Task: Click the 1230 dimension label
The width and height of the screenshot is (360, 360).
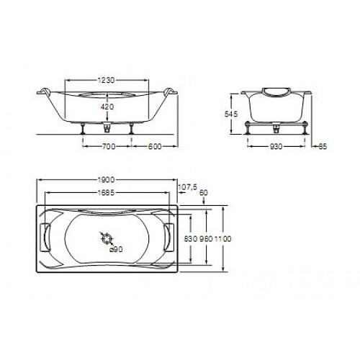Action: click(x=107, y=80)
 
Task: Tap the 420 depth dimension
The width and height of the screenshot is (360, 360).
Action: click(x=107, y=107)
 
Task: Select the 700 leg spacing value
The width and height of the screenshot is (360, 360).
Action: click(x=109, y=146)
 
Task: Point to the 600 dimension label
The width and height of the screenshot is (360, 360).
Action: click(x=155, y=146)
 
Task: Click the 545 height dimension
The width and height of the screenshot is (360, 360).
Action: click(x=231, y=114)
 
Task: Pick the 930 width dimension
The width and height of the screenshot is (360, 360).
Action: click(x=276, y=146)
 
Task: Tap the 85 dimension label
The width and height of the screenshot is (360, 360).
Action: click(x=323, y=146)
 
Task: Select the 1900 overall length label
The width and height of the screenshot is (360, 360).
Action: click(x=106, y=179)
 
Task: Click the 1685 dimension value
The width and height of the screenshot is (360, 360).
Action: click(x=106, y=192)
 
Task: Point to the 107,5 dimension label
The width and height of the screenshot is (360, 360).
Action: click(x=188, y=186)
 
